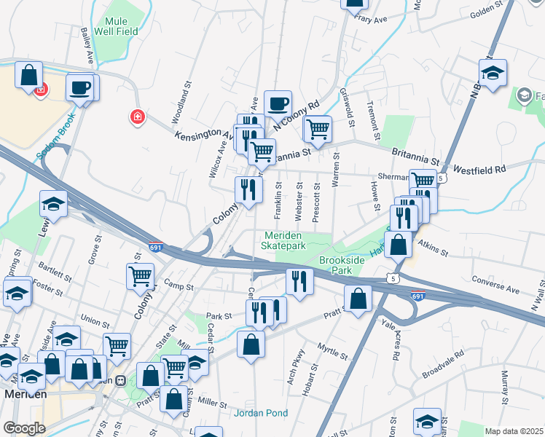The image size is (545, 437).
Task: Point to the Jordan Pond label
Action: pos(261,413)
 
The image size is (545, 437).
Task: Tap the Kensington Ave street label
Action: pos(203,135)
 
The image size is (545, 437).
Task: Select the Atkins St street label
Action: pos(429,251)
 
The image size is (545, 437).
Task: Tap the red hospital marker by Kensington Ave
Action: pos(136,117)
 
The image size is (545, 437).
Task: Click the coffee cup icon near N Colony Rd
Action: pos(278,104)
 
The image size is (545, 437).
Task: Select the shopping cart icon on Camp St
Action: pos(140,276)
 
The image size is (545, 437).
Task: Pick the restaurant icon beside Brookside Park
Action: pos(299,281)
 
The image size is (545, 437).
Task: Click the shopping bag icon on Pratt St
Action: pos(358,299)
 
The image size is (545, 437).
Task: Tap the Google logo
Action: pos(24,428)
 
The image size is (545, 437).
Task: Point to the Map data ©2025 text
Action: pos(514,431)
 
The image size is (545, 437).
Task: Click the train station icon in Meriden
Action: pos(122,379)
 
